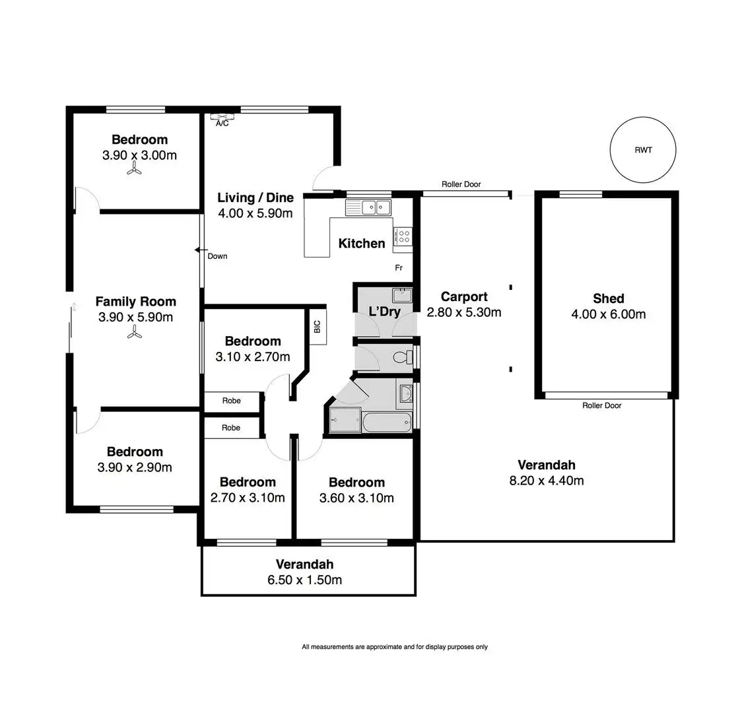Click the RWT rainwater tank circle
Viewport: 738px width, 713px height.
click(x=643, y=150)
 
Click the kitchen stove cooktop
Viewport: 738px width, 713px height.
click(x=403, y=236)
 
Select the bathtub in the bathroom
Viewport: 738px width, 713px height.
click(x=387, y=421)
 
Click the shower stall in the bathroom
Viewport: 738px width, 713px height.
click(x=343, y=421)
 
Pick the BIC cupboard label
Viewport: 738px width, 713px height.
click(x=317, y=326)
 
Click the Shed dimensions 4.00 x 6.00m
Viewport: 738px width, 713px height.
click(x=608, y=314)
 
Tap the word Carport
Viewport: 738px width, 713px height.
click(x=464, y=296)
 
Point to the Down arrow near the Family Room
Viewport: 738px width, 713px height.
click(x=199, y=250)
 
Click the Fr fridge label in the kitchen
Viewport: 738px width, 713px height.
click(x=399, y=267)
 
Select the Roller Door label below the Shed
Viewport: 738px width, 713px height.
click(x=601, y=405)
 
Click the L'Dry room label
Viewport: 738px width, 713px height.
click(x=384, y=311)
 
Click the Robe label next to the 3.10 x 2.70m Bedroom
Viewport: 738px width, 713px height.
click(x=231, y=401)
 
